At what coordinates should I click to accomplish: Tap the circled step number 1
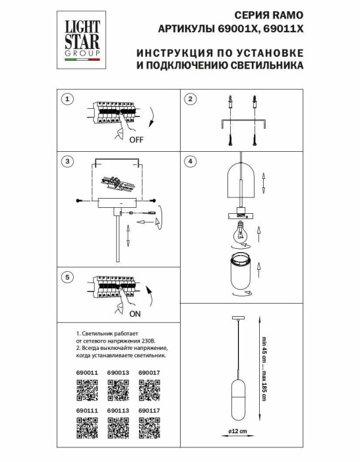[65, 100]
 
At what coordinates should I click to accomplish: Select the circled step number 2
[191, 100]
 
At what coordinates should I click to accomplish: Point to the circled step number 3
[65, 161]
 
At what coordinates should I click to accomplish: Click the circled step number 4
[191, 161]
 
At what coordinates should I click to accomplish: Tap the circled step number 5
[65, 278]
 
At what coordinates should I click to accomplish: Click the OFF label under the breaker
[136, 141]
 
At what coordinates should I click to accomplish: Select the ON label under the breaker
[136, 315]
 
